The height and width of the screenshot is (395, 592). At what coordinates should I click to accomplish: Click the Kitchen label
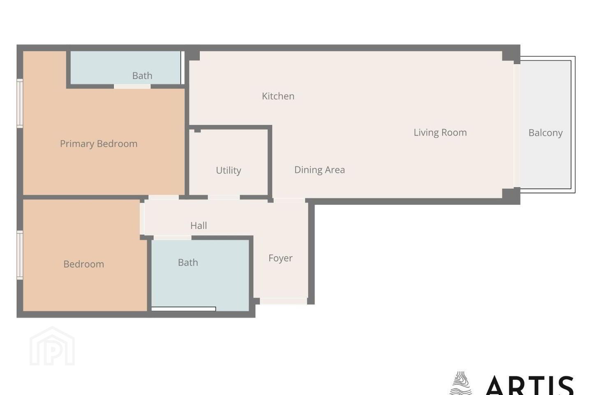278,96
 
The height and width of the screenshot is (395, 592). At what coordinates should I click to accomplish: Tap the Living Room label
440,132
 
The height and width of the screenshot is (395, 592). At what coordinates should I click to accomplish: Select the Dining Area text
319,170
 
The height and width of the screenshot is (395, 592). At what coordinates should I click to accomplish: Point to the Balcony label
546,133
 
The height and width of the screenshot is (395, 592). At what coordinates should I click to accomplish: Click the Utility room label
228,170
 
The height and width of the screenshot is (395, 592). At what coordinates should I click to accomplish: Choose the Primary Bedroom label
99,144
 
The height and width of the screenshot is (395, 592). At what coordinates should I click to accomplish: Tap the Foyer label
280,258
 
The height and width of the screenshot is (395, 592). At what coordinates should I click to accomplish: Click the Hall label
199,225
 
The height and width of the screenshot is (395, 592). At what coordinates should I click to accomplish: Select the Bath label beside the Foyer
188,263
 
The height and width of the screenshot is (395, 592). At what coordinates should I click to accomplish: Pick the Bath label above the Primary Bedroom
142,76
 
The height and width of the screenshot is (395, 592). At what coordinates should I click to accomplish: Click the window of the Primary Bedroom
20,103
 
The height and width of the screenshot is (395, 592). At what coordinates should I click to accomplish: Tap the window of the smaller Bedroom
20,255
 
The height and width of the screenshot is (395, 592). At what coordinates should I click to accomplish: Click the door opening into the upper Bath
132,86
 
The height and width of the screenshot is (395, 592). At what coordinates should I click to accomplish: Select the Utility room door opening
224,197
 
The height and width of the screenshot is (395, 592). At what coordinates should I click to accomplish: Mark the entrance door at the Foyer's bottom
284,301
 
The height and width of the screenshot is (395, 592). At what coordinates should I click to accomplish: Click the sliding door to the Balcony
517,126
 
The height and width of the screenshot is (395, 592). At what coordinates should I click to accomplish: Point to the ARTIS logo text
530,385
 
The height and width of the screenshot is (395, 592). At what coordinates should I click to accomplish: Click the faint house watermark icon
52,346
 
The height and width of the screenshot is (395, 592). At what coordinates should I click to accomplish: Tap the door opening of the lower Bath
173,238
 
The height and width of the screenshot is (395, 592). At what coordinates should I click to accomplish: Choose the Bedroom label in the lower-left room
84,264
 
